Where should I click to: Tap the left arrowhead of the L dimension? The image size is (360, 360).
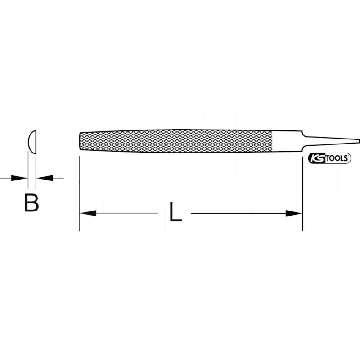87,213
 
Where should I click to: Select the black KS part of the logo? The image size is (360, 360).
317,159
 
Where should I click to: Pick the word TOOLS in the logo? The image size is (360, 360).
336,159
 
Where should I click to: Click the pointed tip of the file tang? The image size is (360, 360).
358,141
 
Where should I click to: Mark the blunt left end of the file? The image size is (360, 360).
80,141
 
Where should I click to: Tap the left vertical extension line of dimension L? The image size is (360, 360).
79,193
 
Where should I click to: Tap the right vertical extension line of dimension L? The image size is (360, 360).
302,193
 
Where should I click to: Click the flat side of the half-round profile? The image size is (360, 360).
36,140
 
